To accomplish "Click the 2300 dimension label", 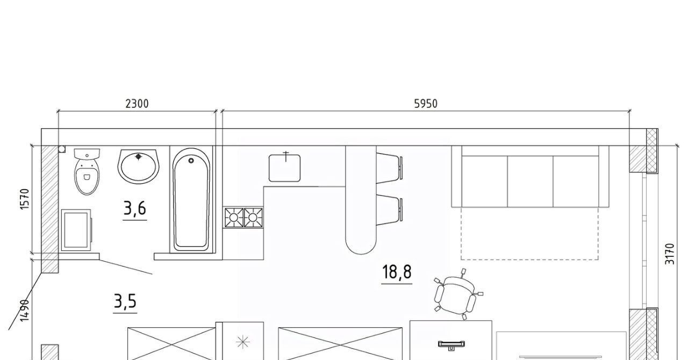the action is (137, 104).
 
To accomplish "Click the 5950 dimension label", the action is (426, 104).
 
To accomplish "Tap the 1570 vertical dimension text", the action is (25, 199).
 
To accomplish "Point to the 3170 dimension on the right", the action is (669, 254).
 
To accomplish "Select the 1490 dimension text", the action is (25, 311).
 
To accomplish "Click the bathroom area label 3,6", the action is (134, 208).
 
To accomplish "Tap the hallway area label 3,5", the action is (125, 301).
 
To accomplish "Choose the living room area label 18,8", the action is (397, 272).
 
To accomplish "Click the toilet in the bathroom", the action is (87, 171).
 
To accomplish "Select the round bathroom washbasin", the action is (138, 166).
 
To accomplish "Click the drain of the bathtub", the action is (191, 160).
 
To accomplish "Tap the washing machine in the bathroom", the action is (76, 230).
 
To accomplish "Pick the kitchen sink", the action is (284, 168).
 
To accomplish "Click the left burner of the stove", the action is (234, 218).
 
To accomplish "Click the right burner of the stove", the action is (253, 218).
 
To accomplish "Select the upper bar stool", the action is (389, 168).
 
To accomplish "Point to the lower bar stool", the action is (389, 210).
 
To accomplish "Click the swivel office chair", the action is (457, 294).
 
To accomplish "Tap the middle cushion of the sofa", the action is (530, 181).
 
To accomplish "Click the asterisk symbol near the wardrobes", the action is (242, 342).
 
